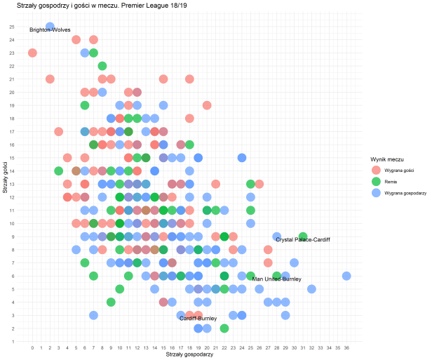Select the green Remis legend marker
pyautogui.click(x=375, y=181)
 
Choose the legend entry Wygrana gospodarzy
pyautogui.click(x=402, y=192)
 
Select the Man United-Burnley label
pyautogui.click(x=276, y=279)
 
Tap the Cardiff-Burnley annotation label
pyautogui.click(x=198, y=319)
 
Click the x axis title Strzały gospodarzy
pyautogui.click(x=189, y=354)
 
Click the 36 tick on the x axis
pyautogui.click(x=346, y=347)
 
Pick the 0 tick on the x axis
pyautogui.click(x=32, y=347)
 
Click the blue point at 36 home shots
pyautogui.click(x=346, y=276)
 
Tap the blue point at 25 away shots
pyautogui.click(x=50, y=27)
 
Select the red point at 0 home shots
pyautogui.click(x=32, y=53)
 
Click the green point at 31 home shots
pyautogui.click(x=303, y=236)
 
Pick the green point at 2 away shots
pyautogui.click(x=224, y=328)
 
